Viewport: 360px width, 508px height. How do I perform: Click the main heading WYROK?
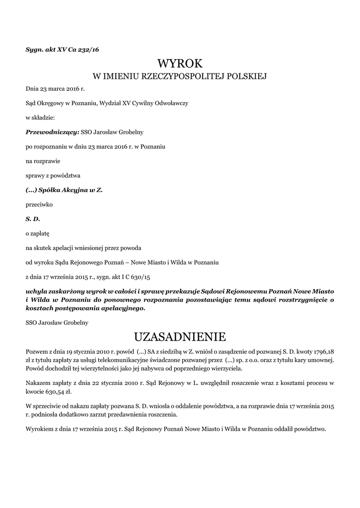click(x=180, y=63)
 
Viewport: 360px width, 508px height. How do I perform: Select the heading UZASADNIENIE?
click(x=180, y=337)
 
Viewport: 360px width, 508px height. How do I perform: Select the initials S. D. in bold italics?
click(x=33, y=218)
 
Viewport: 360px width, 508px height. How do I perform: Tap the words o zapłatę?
click(x=38, y=233)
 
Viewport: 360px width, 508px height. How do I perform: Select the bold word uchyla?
click(x=37, y=291)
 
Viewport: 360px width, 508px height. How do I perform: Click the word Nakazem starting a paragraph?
click(x=39, y=382)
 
